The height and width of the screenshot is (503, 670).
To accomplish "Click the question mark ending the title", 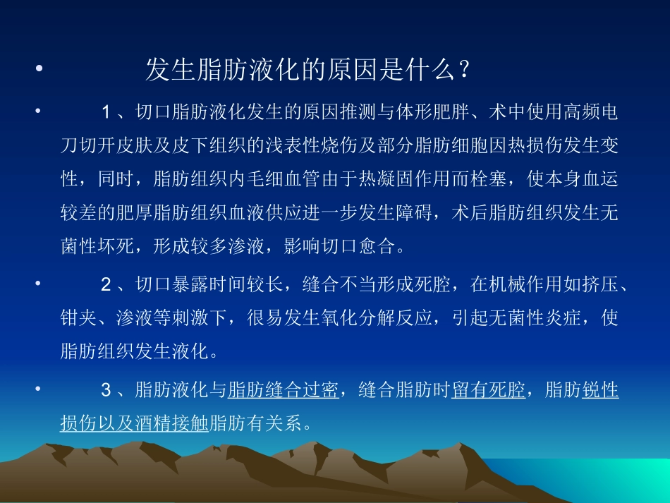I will click(463, 71).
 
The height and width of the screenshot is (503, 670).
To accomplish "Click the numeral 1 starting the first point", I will click(106, 111).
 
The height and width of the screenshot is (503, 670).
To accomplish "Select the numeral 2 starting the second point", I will click(106, 284).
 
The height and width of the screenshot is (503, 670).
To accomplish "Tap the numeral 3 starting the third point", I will click(106, 389).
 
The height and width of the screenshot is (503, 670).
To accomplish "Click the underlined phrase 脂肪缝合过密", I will click(284, 389).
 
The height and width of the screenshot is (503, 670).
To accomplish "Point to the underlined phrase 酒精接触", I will click(180, 423).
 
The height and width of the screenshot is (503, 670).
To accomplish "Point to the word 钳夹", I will click(76, 318).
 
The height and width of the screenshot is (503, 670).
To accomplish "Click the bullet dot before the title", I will click(39, 71).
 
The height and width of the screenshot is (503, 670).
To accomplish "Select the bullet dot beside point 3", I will click(39, 389).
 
